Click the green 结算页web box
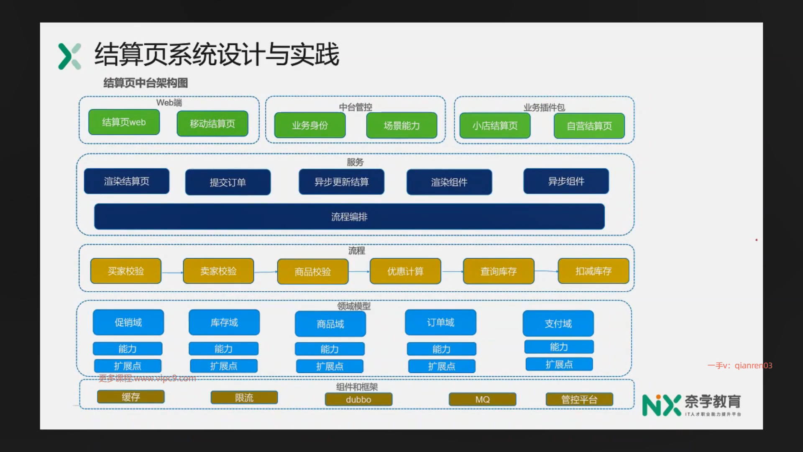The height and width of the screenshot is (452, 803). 124,122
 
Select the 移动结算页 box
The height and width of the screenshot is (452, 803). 212,124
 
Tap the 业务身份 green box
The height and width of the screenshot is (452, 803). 310,125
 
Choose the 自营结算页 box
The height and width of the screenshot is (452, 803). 589,126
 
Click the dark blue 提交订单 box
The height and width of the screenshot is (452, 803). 228,182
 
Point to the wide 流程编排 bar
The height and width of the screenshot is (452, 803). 349,217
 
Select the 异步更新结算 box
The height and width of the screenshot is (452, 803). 341,182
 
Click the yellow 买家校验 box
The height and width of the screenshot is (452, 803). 126,271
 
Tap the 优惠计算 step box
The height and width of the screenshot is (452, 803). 405,272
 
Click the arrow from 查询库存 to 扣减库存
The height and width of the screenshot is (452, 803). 546,271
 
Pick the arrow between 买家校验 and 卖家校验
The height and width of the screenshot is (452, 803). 172,272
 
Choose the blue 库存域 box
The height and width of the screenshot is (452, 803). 224,323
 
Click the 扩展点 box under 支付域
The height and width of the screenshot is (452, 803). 559,365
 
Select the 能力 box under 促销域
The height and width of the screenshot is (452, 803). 128,349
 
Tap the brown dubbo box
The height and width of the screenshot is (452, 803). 358,400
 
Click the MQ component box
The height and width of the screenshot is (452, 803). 482,400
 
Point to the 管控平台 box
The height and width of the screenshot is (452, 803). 579,400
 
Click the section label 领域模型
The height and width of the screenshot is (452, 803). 354,306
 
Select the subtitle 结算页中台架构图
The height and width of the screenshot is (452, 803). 146,83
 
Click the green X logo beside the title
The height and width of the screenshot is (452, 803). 69,56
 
